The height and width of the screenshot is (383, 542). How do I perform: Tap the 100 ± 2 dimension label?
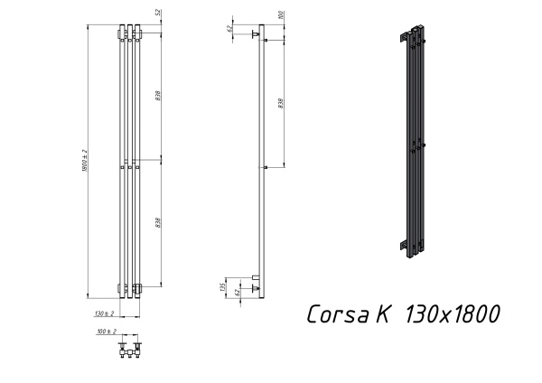[x=106, y=332]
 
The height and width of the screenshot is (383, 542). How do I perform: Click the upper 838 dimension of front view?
[x=159, y=95]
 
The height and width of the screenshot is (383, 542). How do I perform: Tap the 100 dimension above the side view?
[x=281, y=15]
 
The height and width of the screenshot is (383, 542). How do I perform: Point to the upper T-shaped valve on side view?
[x=257, y=35]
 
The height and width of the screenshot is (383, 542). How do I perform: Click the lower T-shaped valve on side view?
[x=257, y=286]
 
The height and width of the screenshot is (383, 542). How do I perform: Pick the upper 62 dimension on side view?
[x=231, y=29]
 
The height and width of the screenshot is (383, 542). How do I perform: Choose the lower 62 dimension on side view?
[x=236, y=291]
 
